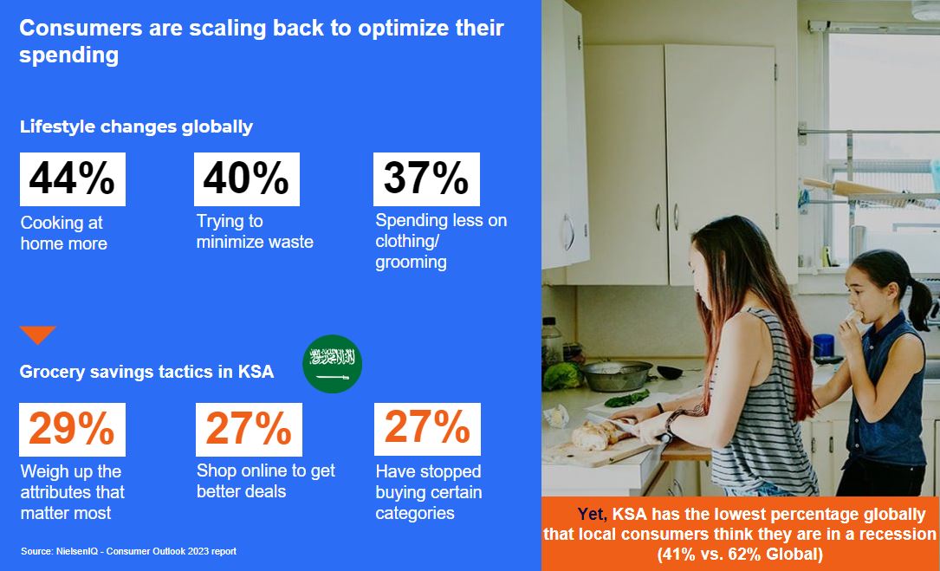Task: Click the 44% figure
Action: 72,178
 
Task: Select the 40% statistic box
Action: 246,178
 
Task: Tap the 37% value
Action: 426,178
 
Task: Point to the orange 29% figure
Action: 72,429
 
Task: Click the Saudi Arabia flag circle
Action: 332,363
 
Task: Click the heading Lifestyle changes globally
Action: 136,127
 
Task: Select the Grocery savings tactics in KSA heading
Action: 147,372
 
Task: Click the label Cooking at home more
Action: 63,233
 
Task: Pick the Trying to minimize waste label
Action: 255,231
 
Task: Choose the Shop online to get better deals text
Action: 266,481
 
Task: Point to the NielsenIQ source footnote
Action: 128,551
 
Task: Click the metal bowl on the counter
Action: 615,375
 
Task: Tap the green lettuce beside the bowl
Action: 562,377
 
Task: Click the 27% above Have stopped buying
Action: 427,429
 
